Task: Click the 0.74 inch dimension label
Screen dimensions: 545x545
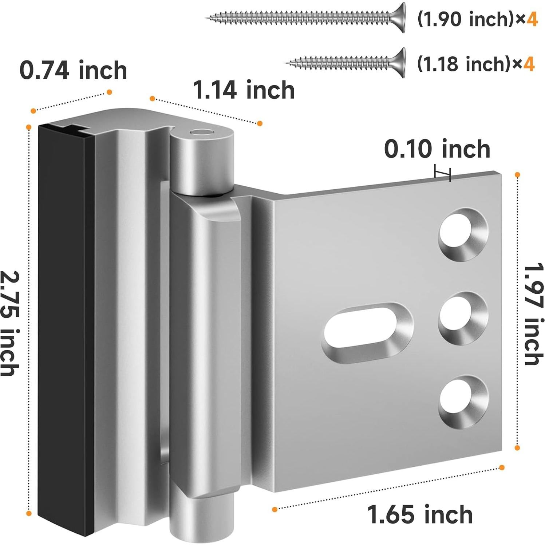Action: click(x=73, y=70)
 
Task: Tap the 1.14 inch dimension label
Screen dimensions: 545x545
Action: click(x=244, y=90)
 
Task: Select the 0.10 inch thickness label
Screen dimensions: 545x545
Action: click(x=437, y=149)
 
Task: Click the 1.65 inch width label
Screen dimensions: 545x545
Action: click(x=420, y=514)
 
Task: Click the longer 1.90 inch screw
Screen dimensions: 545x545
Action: click(x=306, y=17)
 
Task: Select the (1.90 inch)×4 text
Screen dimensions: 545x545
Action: click(x=477, y=19)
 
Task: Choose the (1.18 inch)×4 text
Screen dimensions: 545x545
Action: click(x=475, y=64)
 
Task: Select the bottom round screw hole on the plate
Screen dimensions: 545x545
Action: click(x=462, y=402)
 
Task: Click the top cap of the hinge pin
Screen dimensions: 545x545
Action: click(x=202, y=134)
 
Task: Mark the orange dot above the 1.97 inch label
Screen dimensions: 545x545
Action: click(x=517, y=175)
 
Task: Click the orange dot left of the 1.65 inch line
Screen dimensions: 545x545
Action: click(x=275, y=509)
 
